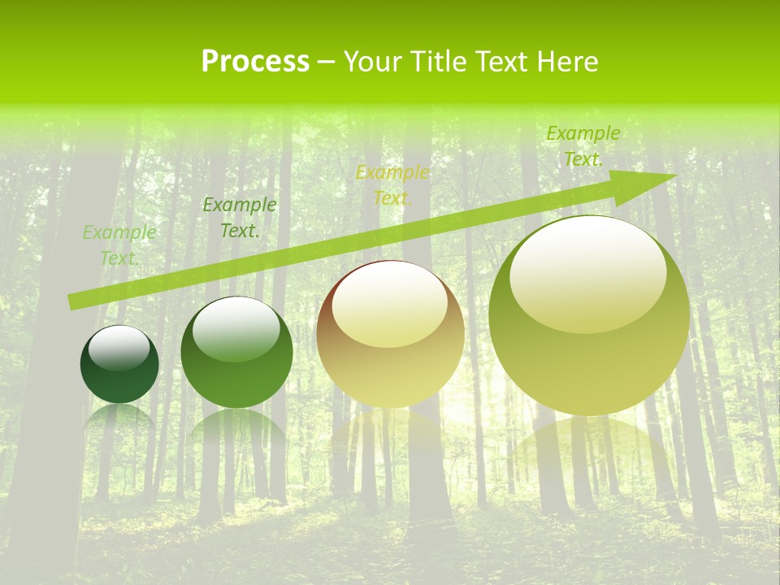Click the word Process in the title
[x=255, y=62]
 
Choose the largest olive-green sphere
[x=589, y=317]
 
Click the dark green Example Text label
[x=239, y=218]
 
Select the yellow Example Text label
[x=392, y=185]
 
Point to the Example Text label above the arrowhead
[x=583, y=146]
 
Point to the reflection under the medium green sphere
[x=236, y=427]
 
